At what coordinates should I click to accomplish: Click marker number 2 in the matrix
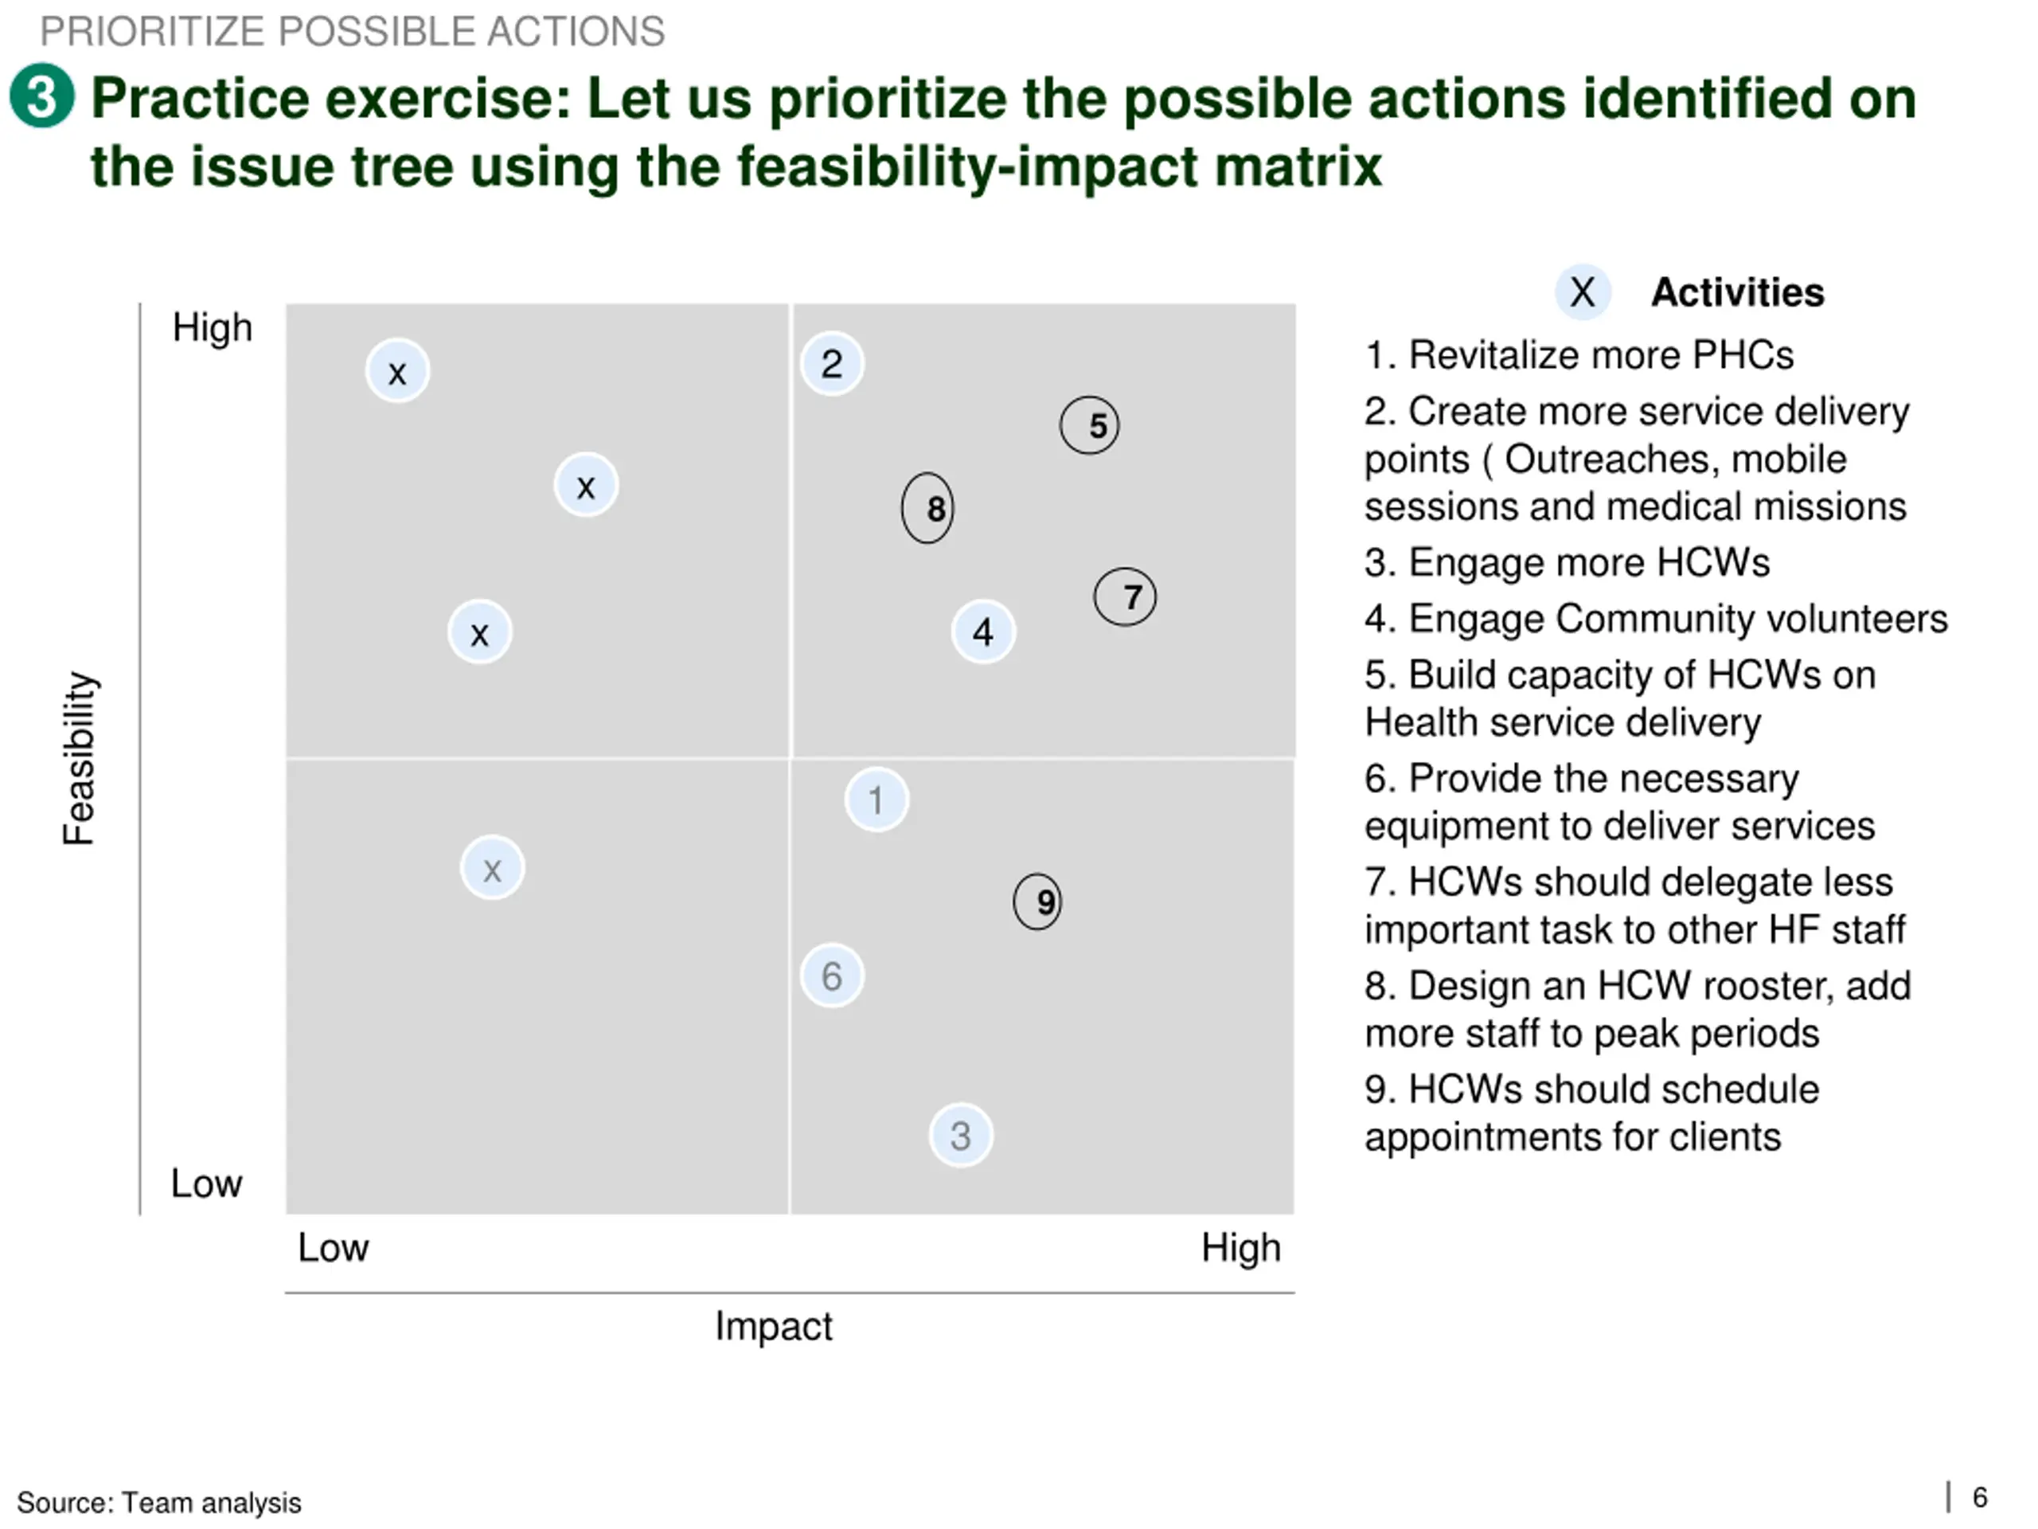coord(832,364)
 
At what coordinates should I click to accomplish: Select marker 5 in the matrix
coord(1090,426)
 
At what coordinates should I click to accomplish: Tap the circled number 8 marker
coord(927,508)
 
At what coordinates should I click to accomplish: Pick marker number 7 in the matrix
coord(1125,597)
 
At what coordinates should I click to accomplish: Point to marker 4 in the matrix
coord(983,632)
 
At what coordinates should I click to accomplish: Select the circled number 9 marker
coord(1037,901)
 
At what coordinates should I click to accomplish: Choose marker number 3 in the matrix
coord(961,1136)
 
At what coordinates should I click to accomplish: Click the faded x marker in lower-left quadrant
coord(493,868)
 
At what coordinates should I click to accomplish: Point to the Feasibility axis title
coord(80,757)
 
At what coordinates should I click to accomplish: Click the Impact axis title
coord(773,1326)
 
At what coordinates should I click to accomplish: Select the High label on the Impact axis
coord(1240,1248)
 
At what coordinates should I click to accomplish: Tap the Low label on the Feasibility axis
coord(206,1183)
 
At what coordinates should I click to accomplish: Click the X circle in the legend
coord(1583,293)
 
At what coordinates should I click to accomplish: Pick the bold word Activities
coord(1737,293)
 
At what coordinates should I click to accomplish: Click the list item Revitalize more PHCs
coord(1579,355)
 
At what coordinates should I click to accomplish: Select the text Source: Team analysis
coord(158,1502)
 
